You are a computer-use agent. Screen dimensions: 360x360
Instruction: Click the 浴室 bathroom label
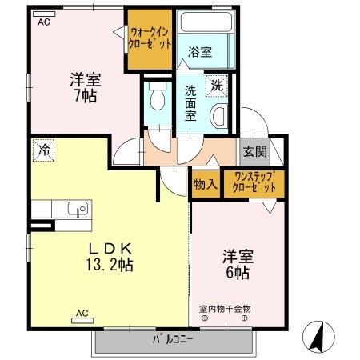point(200,52)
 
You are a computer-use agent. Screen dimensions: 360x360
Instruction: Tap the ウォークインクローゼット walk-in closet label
point(149,39)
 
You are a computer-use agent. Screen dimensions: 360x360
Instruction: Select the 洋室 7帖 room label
point(83,87)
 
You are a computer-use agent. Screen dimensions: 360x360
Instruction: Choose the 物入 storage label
point(206,183)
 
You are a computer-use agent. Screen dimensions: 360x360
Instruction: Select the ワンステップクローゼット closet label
point(254,182)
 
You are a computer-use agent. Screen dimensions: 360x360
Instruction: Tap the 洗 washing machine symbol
point(217,85)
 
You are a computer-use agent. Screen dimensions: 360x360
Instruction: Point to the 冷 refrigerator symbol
point(44,150)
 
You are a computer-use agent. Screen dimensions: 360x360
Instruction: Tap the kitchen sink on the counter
point(78,210)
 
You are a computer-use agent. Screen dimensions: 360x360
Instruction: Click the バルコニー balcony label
point(174,339)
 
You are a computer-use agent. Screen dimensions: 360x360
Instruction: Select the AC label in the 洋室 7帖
point(42,22)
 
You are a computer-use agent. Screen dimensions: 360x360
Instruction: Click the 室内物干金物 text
point(225,308)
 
